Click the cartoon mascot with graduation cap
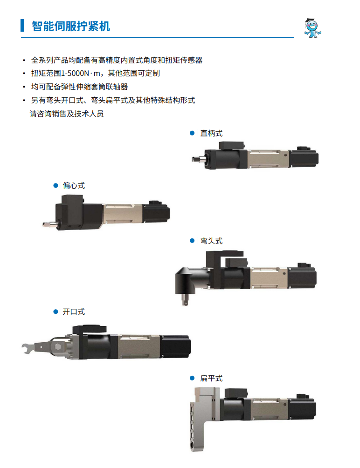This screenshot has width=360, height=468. (312, 28)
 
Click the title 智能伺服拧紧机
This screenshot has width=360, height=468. (71, 26)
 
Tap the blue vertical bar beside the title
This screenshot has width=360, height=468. (22, 25)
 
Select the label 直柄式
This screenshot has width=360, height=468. (211, 134)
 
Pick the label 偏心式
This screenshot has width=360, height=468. (74, 186)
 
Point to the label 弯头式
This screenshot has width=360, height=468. (211, 241)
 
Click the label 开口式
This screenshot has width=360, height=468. (74, 312)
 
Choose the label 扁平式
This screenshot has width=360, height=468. (211, 379)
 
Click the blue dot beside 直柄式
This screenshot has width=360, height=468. (192, 133)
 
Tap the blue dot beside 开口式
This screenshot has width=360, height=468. (55, 312)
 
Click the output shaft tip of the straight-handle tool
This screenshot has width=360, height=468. (194, 159)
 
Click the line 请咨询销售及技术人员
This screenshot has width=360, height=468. (66, 114)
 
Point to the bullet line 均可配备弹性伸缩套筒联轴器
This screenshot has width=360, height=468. (80, 87)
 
